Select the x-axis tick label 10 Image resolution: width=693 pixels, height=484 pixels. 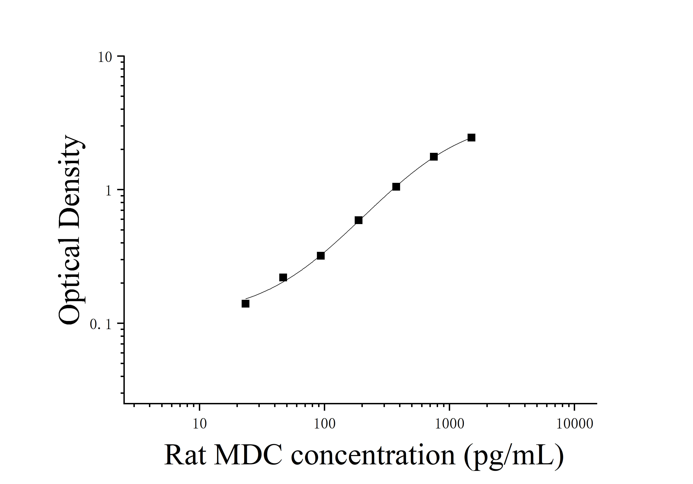200,424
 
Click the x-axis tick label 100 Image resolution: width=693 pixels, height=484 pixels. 324,424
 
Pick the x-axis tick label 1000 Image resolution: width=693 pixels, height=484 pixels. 449,424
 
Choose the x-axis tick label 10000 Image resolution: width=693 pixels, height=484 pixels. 574,424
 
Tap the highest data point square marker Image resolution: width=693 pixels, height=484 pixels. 471,137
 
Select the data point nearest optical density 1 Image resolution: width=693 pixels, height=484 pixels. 396,187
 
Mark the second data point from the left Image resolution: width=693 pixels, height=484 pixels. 283,277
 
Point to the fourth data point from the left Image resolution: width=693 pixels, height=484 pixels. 358,220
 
